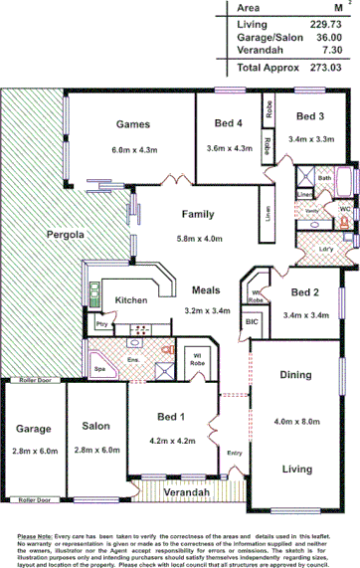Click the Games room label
[132, 124]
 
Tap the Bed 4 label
[229, 124]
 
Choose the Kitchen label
[131, 299]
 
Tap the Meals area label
[207, 289]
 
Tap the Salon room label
[95, 426]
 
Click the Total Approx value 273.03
[325, 68]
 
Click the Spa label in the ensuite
[99, 368]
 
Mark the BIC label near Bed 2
[252, 322]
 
